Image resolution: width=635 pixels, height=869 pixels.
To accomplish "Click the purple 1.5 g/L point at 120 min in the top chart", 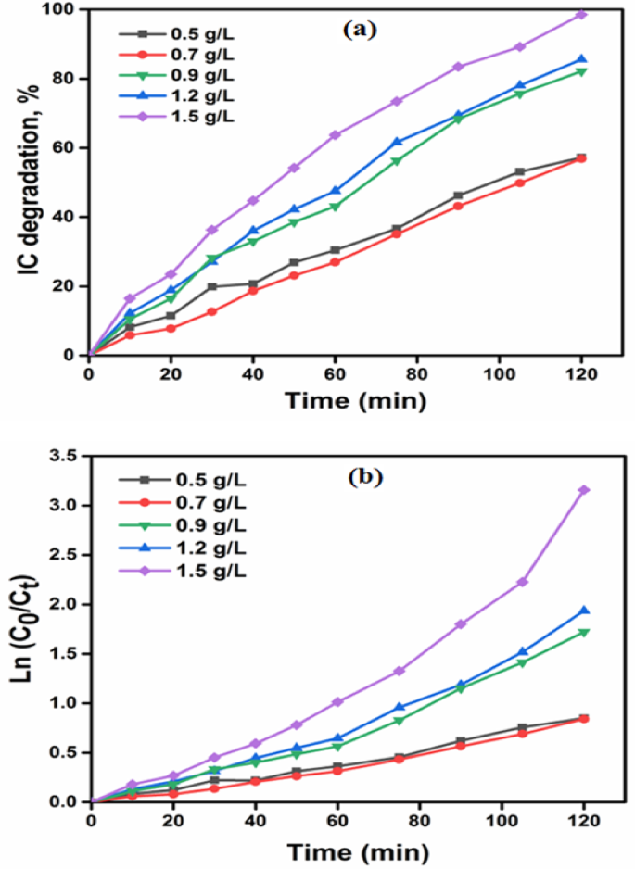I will [582, 14].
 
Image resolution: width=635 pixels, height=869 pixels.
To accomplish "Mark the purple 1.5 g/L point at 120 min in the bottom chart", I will [583, 489].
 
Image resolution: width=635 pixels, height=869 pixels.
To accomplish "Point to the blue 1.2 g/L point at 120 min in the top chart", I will [582, 59].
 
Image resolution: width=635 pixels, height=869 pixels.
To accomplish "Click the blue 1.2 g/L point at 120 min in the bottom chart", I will [583, 611].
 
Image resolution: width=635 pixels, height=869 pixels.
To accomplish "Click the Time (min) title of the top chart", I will [356, 401].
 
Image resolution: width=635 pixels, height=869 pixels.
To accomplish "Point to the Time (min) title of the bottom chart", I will [356, 850].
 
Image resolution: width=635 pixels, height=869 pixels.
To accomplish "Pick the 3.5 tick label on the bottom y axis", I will [68, 456].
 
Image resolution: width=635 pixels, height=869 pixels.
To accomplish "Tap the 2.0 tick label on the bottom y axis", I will [68, 604].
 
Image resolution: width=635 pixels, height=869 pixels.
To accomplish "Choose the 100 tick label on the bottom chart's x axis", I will [500, 821].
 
